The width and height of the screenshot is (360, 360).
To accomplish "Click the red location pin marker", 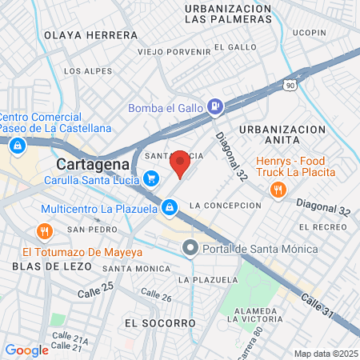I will point(181,163).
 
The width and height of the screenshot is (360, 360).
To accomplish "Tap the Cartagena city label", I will point(93,164).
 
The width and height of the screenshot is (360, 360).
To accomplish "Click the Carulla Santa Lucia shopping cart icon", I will point(150,178).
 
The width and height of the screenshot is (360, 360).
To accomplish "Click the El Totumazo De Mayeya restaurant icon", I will point(44,232).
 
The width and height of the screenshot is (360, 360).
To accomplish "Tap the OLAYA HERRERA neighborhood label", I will point(90,35).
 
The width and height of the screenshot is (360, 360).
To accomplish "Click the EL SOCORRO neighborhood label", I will point(160,322).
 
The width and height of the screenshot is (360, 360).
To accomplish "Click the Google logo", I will point(26,350).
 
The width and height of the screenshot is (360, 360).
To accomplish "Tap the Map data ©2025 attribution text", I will point(325,354).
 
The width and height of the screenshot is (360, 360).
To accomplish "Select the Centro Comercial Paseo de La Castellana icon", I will point(17,144).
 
